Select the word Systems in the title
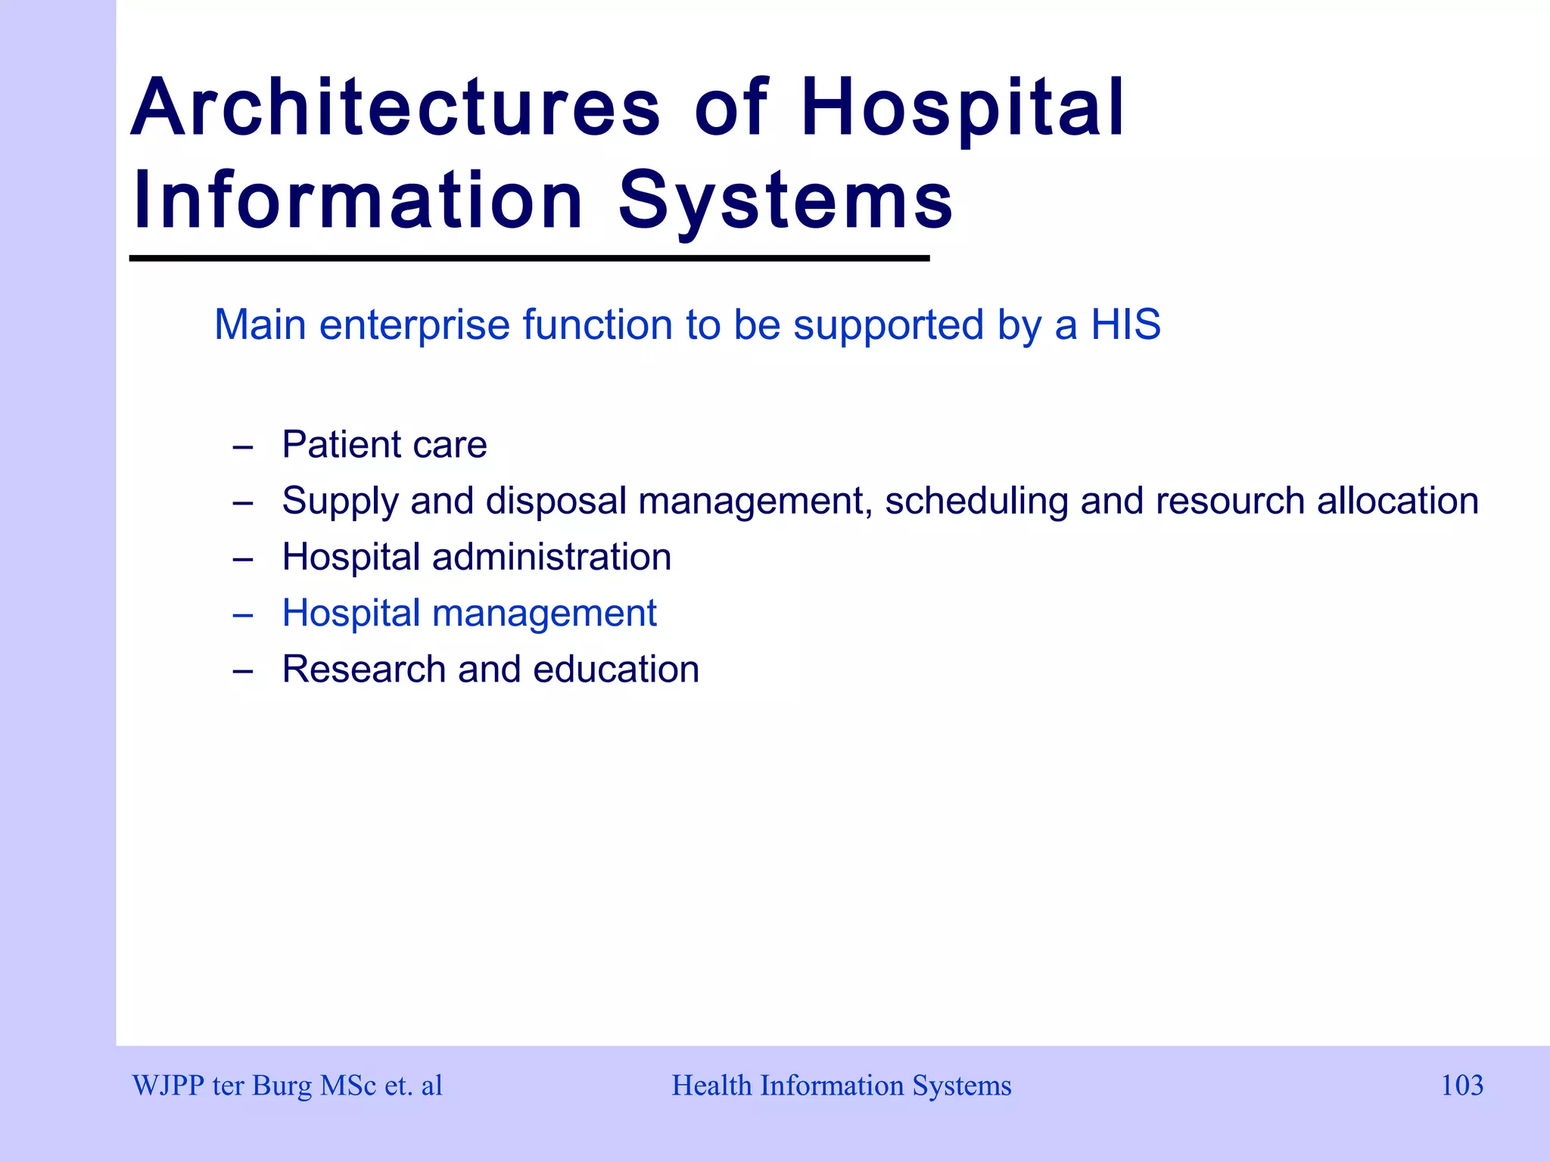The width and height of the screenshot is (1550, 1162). point(786,201)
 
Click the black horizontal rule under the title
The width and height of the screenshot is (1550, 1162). point(529,259)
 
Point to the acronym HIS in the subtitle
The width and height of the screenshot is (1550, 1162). point(1125,325)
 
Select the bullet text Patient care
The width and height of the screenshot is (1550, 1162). point(384,444)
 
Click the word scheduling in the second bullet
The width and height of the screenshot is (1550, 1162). point(976,502)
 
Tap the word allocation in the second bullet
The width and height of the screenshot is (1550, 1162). point(1397,501)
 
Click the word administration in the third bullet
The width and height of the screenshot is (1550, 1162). point(551,557)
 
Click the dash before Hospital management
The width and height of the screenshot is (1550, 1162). point(242,615)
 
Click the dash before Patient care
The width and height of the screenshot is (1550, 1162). point(242,446)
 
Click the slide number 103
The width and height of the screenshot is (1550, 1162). point(1461,1086)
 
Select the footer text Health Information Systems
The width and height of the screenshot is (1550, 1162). point(841,1086)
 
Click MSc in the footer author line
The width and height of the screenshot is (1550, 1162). point(348,1086)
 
